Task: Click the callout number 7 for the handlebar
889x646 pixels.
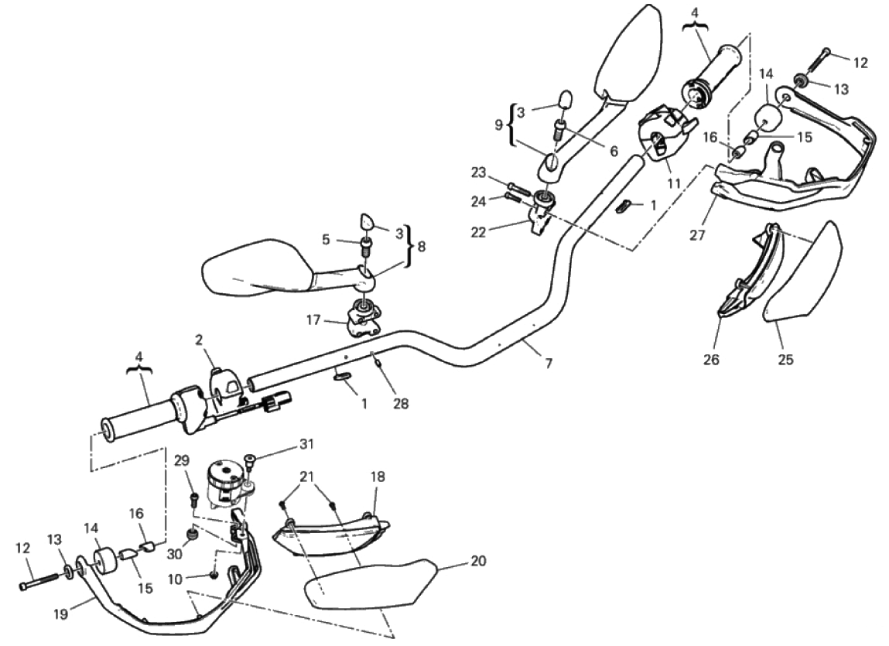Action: (x=549, y=364)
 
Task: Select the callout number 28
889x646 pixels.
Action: (x=401, y=403)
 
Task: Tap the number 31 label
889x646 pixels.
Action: (x=306, y=443)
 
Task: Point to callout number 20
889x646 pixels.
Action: (x=478, y=561)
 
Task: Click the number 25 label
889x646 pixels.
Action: (x=785, y=359)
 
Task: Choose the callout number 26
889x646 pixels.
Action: (x=711, y=359)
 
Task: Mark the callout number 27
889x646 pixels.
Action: (x=697, y=235)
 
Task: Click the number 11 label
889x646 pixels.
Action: (x=674, y=184)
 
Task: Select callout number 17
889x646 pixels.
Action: (x=313, y=320)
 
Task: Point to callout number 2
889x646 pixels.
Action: (x=198, y=340)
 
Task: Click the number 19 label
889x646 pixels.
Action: (x=60, y=614)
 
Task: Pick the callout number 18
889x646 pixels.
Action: (x=378, y=477)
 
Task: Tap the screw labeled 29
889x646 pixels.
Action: (x=194, y=499)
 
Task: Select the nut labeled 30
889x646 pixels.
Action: (x=194, y=535)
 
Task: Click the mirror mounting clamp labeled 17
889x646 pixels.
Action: (x=363, y=320)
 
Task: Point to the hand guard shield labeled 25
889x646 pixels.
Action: (x=803, y=272)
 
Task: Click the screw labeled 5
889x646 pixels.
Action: (x=366, y=247)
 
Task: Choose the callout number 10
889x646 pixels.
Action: (x=175, y=579)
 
